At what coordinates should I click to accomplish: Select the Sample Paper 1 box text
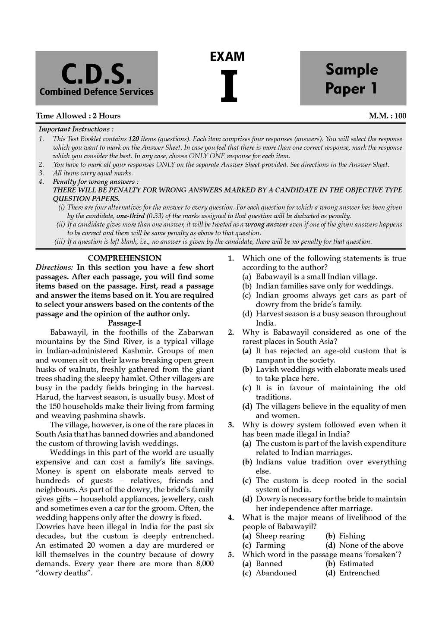tap(351, 78)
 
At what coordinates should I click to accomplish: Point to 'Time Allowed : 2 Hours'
tap(78, 116)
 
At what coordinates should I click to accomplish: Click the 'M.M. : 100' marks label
tap(387, 116)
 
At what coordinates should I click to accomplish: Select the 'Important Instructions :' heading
tap(76, 129)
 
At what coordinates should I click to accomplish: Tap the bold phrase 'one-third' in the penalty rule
tap(130, 216)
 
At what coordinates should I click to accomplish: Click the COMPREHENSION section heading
tap(124, 258)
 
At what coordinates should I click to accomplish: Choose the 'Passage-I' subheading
tap(125, 323)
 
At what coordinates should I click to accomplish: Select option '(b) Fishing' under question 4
tap(346, 536)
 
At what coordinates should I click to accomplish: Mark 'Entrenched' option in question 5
tap(359, 573)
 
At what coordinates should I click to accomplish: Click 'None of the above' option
tap(371, 545)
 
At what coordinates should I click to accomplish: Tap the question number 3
tap(231, 425)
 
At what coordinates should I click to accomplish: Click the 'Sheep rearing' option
tap(280, 536)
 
